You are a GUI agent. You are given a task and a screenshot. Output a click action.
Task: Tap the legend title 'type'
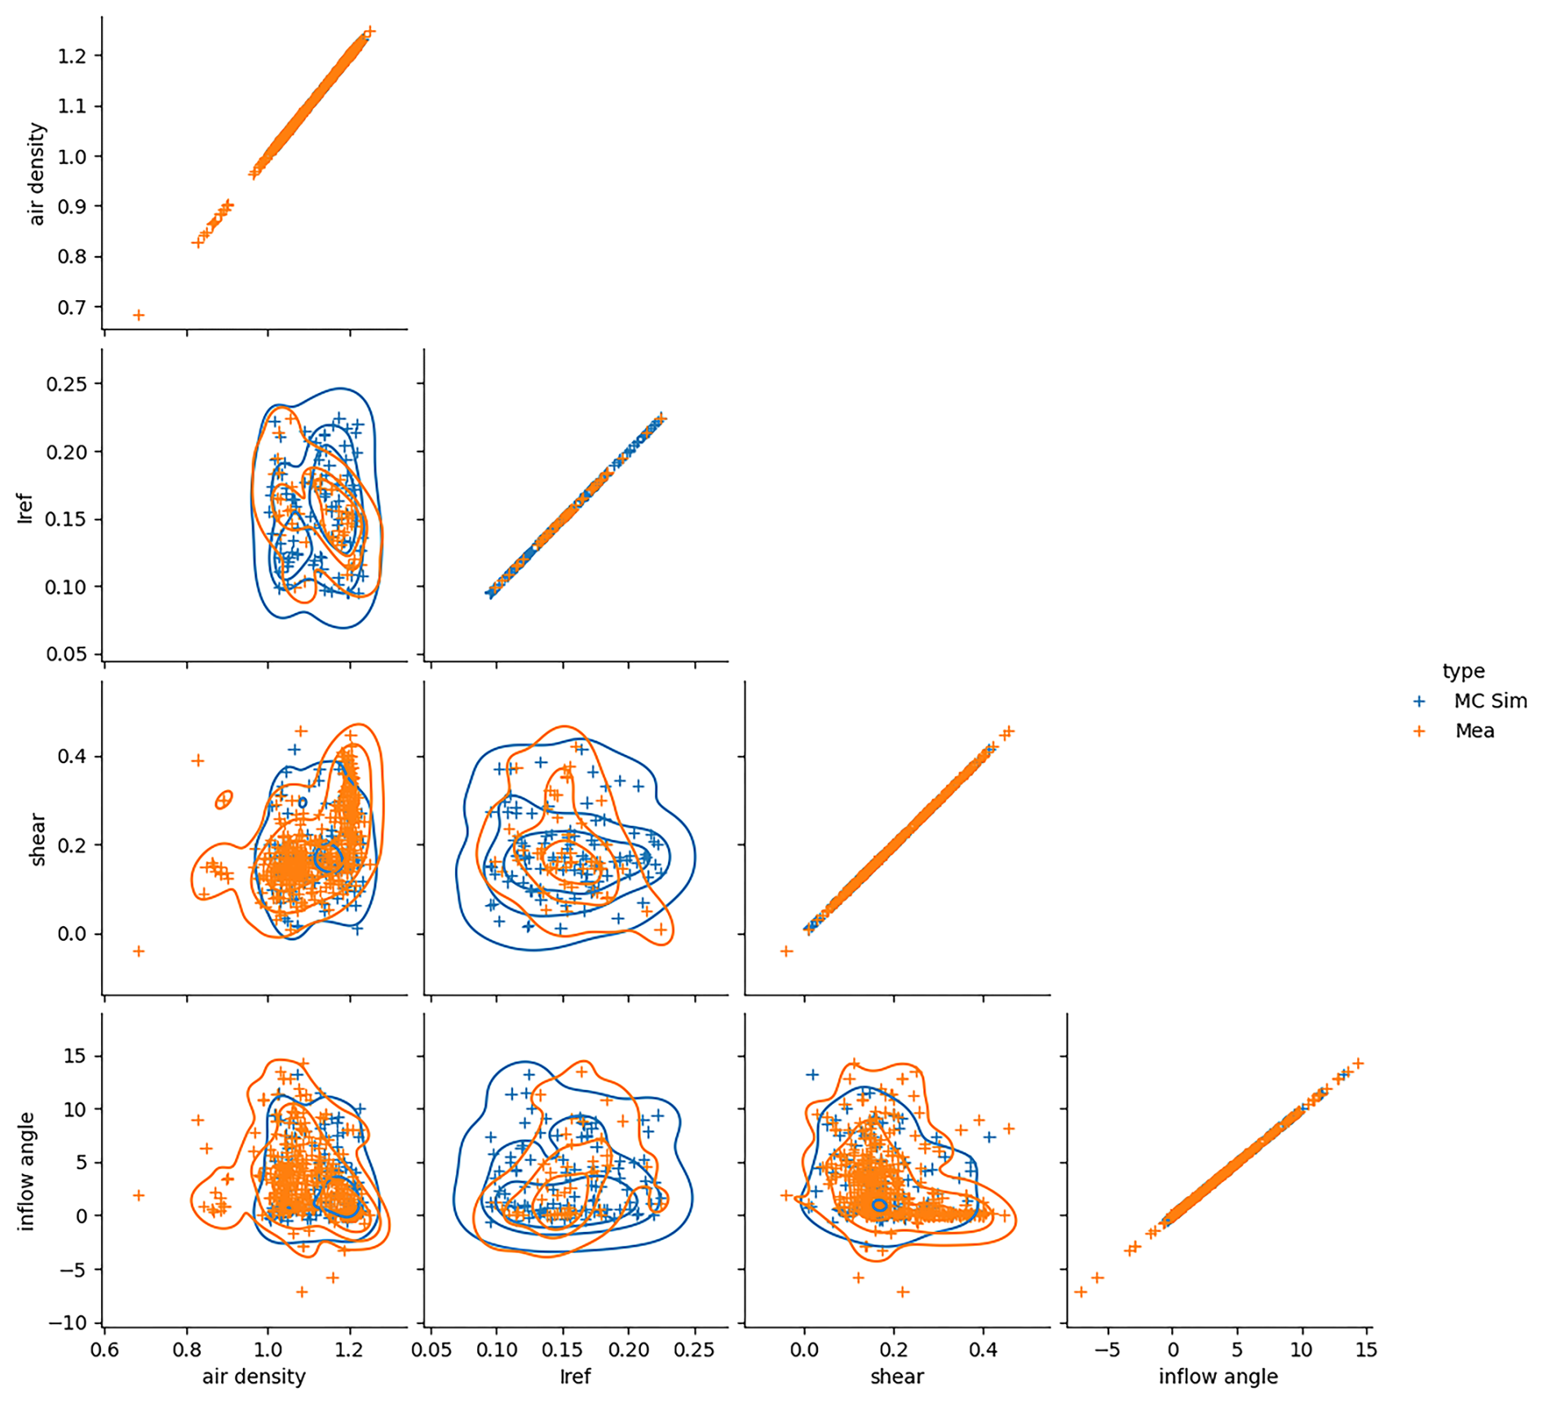tap(1463, 671)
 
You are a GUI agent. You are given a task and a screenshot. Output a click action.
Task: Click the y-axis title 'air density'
tap(37, 174)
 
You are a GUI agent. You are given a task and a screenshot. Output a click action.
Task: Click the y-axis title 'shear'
tap(37, 839)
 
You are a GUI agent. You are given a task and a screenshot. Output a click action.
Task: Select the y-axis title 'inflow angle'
tap(26, 1171)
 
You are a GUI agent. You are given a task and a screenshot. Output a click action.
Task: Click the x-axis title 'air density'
tap(254, 1376)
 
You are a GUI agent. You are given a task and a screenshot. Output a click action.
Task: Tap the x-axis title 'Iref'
tap(575, 1376)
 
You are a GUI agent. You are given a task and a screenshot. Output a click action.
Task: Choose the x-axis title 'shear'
tap(897, 1376)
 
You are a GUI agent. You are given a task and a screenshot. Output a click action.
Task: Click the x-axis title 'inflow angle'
tap(1218, 1376)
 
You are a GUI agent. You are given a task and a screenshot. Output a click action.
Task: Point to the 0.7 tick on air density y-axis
tap(71, 307)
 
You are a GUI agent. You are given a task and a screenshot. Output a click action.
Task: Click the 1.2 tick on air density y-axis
tap(71, 55)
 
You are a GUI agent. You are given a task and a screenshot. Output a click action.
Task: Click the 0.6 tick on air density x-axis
tap(104, 1349)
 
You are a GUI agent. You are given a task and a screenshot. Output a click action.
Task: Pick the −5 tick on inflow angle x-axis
tap(1108, 1349)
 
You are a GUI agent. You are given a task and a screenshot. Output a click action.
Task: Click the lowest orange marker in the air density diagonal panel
tap(139, 315)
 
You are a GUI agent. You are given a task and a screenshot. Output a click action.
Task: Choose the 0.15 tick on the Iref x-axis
tap(563, 1349)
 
